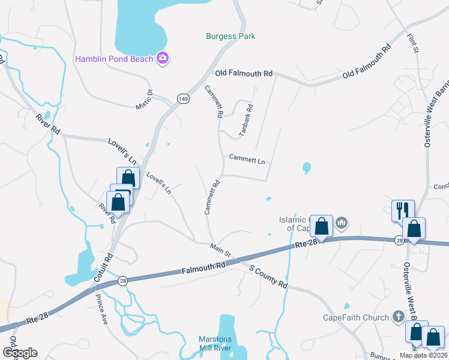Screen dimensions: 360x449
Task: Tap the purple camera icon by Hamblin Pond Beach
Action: point(162,58)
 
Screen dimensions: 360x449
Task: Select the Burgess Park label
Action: point(231,37)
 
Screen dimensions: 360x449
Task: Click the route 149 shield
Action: point(183,98)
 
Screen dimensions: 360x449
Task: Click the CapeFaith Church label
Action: point(356,317)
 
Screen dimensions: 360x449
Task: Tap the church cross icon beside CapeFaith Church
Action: point(397,316)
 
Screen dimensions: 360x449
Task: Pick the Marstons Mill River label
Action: point(223,343)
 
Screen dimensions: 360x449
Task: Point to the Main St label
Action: point(220,247)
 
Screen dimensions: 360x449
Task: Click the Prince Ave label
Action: point(101,309)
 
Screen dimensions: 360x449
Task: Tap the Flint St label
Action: point(412,44)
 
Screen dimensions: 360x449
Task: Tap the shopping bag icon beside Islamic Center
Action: point(322,227)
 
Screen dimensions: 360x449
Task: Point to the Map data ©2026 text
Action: point(423,355)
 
